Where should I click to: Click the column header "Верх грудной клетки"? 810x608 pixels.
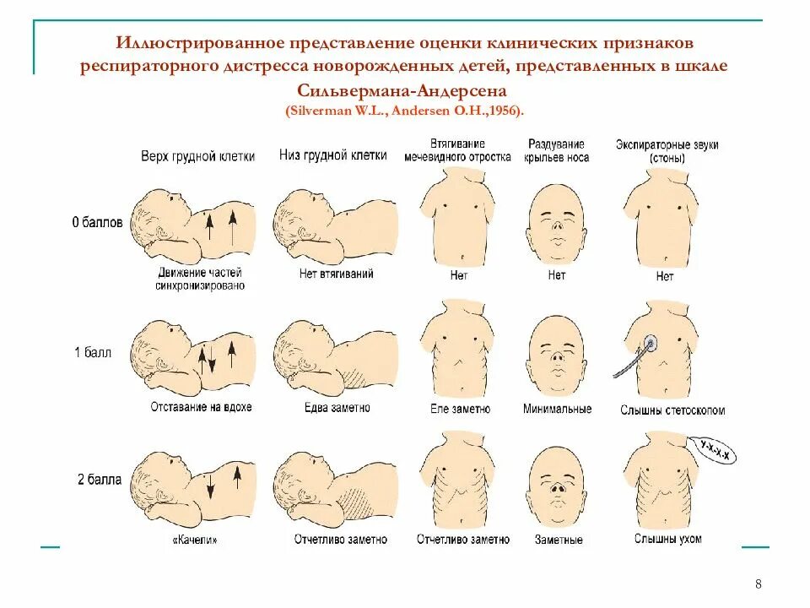[x=197, y=156]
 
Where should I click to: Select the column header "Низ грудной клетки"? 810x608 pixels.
[x=333, y=155]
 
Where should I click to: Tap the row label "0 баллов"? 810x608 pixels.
[x=97, y=223]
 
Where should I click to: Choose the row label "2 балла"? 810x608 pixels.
[x=100, y=480]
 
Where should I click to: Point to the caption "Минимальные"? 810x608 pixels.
[x=557, y=410]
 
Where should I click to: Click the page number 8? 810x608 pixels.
[x=758, y=584]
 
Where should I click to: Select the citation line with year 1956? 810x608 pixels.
[x=404, y=111]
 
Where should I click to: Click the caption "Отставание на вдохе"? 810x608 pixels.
[x=201, y=407]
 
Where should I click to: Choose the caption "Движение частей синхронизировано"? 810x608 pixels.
[x=200, y=279]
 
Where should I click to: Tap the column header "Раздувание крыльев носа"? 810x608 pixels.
[x=556, y=151]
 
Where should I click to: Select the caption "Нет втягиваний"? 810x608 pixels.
[x=336, y=274]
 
